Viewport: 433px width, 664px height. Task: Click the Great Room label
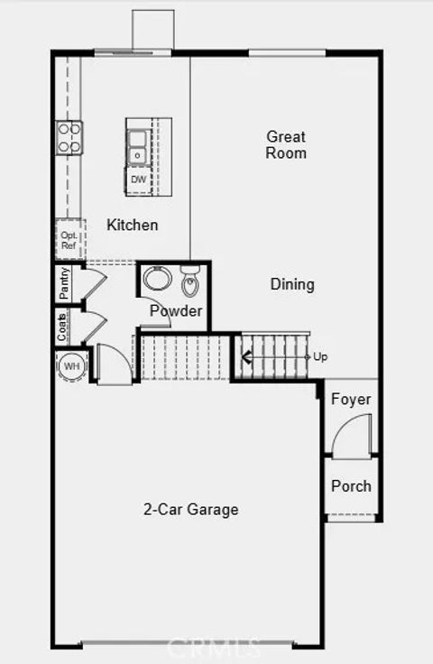point(286,145)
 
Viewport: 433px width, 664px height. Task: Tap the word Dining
point(292,284)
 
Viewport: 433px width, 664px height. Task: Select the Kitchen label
point(133,225)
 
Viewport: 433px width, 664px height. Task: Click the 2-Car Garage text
point(190,510)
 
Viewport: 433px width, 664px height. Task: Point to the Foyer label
point(351,400)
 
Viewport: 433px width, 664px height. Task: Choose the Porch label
point(351,486)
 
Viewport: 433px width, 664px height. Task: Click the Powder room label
point(176,311)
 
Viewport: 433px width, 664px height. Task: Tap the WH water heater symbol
point(72,367)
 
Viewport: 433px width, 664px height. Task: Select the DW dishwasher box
point(138,180)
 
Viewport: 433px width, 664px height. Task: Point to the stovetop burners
point(69,137)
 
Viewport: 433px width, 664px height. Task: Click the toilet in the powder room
point(189,283)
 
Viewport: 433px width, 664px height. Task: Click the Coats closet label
point(63,327)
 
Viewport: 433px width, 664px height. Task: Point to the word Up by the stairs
point(320,357)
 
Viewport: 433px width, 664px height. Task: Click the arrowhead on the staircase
point(244,357)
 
